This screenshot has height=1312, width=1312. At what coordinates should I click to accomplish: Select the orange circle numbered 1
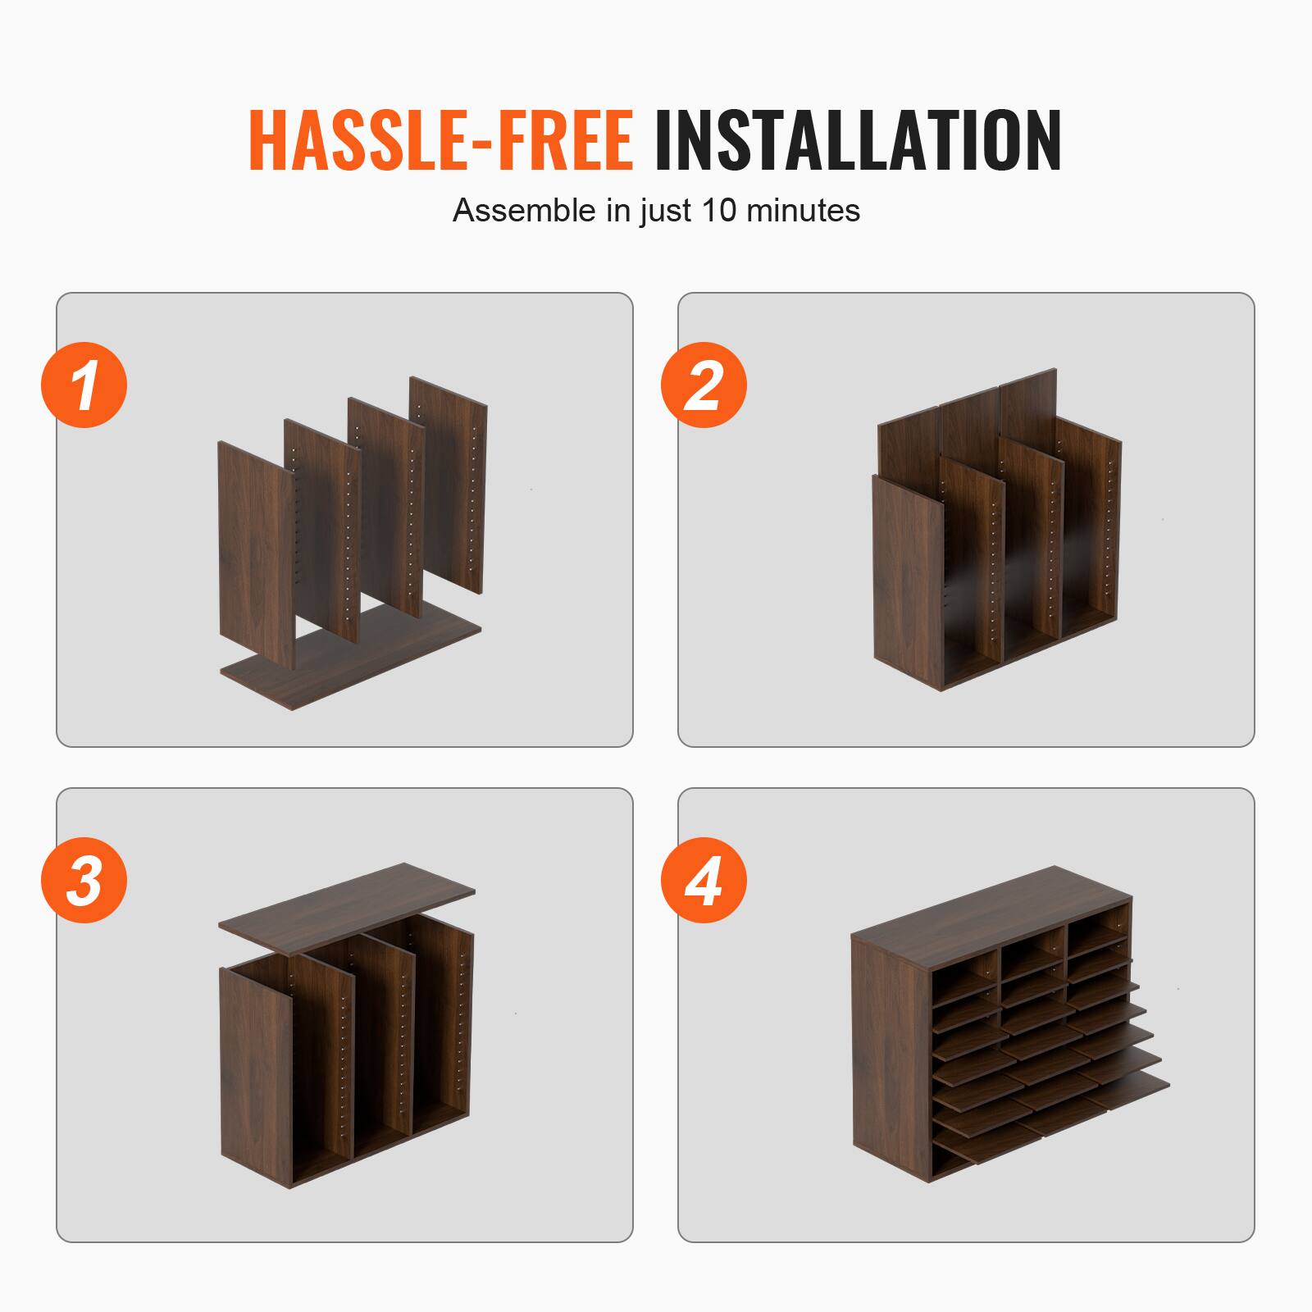(x=84, y=385)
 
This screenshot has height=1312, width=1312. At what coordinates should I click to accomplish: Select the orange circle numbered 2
(x=704, y=385)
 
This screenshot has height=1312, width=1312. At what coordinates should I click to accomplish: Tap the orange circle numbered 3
(x=84, y=881)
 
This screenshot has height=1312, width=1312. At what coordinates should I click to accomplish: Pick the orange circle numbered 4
(x=704, y=881)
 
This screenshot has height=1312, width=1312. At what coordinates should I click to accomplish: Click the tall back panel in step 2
(x=968, y=418)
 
